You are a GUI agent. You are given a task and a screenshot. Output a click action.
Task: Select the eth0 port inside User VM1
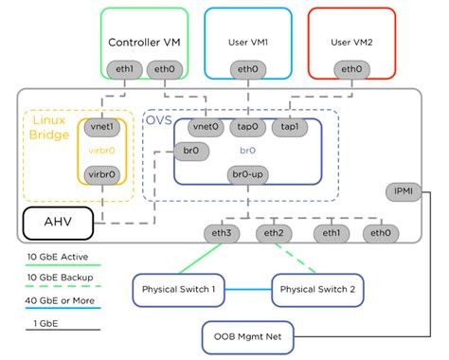246,69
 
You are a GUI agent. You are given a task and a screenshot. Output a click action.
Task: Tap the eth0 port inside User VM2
351,69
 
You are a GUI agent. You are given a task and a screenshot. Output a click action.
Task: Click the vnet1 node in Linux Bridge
100,126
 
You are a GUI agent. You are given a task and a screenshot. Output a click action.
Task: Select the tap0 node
247,126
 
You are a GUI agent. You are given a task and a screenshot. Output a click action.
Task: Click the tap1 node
289,126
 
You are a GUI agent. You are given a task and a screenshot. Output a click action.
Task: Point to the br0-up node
246,174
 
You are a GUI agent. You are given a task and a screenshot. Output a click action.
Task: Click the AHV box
57,224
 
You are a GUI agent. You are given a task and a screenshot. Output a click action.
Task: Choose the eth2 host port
274,233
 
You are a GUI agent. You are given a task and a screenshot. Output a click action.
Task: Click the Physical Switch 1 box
179,290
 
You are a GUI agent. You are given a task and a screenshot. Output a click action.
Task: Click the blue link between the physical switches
249,290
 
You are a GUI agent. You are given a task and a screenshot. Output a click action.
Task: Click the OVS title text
157,119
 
